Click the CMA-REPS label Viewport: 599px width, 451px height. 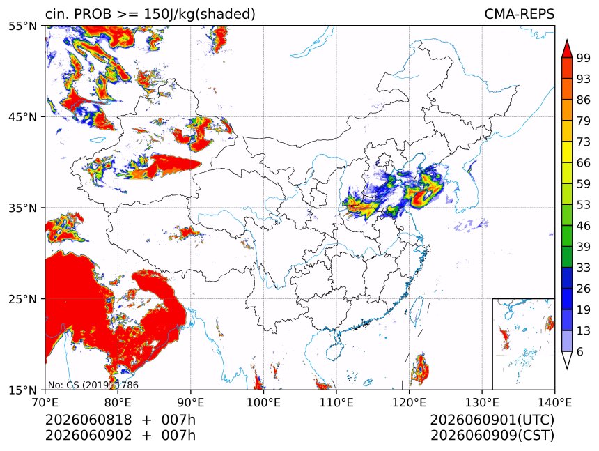pyautogui.click(x=519, y=14)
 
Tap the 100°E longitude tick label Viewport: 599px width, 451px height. pyautogui.click(x=263, y=402)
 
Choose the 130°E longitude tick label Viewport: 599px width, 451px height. pyautogui.click(x=482, y=402)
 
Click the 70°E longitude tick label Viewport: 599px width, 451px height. pyautogui.click(x=45, y=402)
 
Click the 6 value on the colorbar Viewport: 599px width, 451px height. pyautogui.click(x=580, y=351)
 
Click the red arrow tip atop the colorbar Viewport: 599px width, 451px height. pyautogui.click(x=567, y=40)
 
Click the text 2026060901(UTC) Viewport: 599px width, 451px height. pyautogui.click(x=492, y=420)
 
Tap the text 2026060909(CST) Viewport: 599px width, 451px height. pyautogui.click(x=492, y=435)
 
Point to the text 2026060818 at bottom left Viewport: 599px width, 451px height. pyautogui.click(x=88, y=420)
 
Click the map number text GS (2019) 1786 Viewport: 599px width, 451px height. pyautogui.click(x=102, y=385)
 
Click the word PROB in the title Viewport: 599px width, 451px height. pyautogui.click(x=93, y=14)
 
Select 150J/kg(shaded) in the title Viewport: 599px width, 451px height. pyautogui.click(x=199, y=14)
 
